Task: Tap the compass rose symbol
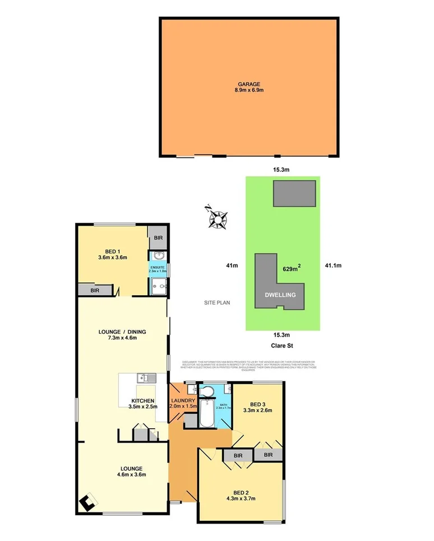pyautogui.click(x=216, y=218)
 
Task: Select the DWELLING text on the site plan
pyautogui.click(x=280, y=294)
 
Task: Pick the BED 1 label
pyautogui.click(x=112, y=251)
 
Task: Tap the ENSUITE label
pyautogui.click(x=158, y=268)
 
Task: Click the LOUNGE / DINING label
pyautogui.click(x=117, y=331)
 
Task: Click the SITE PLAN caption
pyautogui.click(x=216, y=302)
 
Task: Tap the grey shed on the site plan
pyautogui.click(x=294, y=194)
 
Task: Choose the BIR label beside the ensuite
pyautogui.click(x=158, y=239)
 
